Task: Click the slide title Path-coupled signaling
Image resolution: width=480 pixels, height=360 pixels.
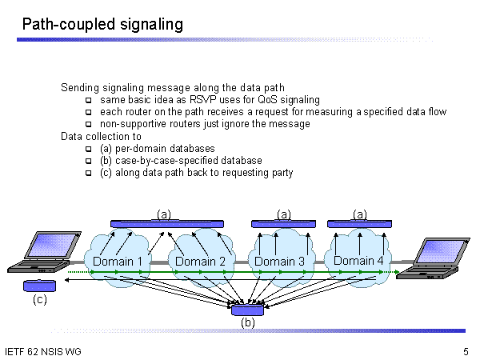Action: (x=102, y=25)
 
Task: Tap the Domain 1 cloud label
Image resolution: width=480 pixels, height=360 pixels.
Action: (x=118, y=262)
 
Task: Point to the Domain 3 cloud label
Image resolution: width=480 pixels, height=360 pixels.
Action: (x=279, y=261)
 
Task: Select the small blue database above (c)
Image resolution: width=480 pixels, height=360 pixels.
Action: (x=39, y=286)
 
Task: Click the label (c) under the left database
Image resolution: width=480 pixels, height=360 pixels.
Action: (x=39, y=302)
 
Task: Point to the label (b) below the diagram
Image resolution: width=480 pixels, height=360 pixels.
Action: (x=248, y=323)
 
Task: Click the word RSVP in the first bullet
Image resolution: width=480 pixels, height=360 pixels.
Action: (x=192, y=100)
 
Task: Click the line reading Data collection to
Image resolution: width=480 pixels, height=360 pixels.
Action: (x=101, y=137)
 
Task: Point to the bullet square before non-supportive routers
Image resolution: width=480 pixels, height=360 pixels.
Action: (x=89, y=125)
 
